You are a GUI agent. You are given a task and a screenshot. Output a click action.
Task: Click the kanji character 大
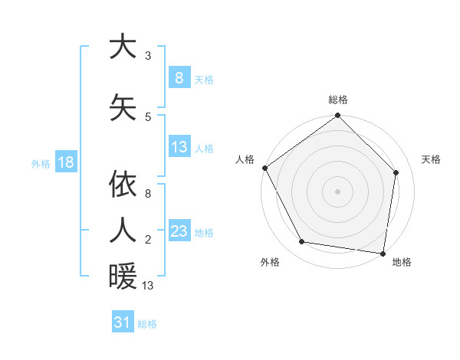click(123, 47)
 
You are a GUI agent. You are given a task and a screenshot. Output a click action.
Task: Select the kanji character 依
click(123, 184)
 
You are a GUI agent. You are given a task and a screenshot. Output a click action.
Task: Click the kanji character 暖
click(123, 276)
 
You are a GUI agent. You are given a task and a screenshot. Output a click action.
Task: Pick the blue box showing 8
click(179, 78)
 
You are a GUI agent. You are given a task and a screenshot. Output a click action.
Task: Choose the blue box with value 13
click(179, 147)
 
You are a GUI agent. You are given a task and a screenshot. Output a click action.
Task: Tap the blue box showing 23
click(179, 231)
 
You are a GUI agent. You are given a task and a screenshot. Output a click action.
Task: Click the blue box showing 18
click(65, 162)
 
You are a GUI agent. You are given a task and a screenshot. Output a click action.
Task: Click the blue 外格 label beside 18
click(41, 163)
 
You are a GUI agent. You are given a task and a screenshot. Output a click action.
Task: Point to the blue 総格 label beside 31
click(147, 323)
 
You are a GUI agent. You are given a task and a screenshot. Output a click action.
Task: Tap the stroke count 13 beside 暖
click(148, 286)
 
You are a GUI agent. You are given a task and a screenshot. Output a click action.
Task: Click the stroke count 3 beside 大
click(148, 55)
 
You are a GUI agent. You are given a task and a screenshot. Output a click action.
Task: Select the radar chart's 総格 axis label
click(337, 100)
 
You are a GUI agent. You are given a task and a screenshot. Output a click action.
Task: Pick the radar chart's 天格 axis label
click(431, 159)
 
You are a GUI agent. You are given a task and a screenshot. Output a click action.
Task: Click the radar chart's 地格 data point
click(383, 253)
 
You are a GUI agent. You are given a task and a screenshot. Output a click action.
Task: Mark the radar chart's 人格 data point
click(264, 168)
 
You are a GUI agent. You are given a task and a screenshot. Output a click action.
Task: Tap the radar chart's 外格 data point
click(302, 242)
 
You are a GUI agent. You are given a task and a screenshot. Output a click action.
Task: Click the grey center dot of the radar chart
click(337, 191)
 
